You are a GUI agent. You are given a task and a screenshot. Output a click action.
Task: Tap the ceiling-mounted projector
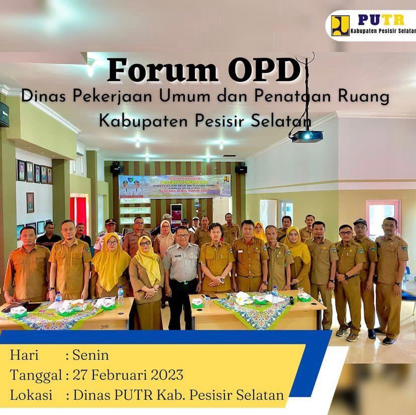[x=306, y=136]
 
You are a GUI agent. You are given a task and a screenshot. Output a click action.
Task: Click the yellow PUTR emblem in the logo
[x=340, y=26]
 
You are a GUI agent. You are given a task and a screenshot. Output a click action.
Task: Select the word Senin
[x=90, y=355]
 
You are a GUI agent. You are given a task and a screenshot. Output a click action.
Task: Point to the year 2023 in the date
[x=166, y=375]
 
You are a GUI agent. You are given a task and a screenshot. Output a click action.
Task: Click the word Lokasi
[x=31, y=394]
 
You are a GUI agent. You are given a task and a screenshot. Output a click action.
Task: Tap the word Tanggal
[x=36, y=375]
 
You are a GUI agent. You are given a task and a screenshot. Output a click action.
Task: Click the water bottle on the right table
[x=275, y=295]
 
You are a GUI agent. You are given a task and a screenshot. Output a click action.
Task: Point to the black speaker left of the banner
[x=116, y=169]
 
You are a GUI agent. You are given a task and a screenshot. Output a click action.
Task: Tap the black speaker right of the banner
[x=241, y=169]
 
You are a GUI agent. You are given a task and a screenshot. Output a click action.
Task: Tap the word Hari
[x=24, y=355]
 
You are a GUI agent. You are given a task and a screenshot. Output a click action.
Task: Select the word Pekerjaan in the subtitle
[x=111, y=96]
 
